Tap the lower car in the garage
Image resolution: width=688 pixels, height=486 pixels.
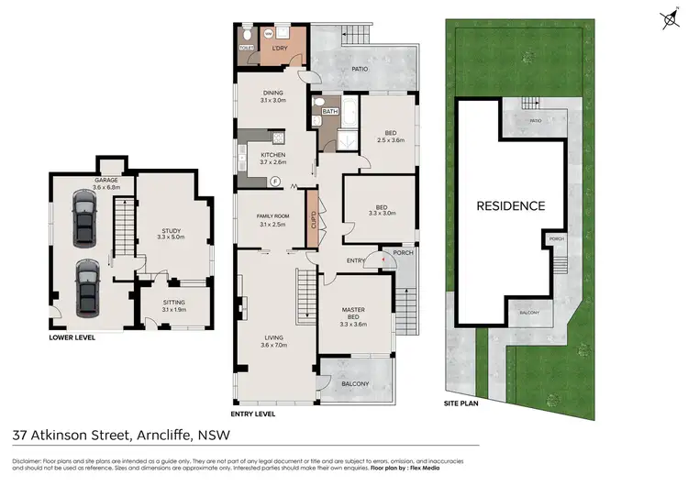point(86,285)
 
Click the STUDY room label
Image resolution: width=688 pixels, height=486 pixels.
point(172,231)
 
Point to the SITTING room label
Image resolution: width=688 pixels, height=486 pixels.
point(173,302)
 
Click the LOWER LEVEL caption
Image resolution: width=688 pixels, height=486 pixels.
point(72,337)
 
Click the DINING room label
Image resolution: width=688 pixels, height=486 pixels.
point(272,93)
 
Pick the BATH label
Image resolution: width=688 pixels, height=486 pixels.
point(330,112)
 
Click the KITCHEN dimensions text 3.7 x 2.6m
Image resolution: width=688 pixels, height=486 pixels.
point(273,162)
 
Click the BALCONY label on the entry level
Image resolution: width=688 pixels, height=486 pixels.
point(357,383)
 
